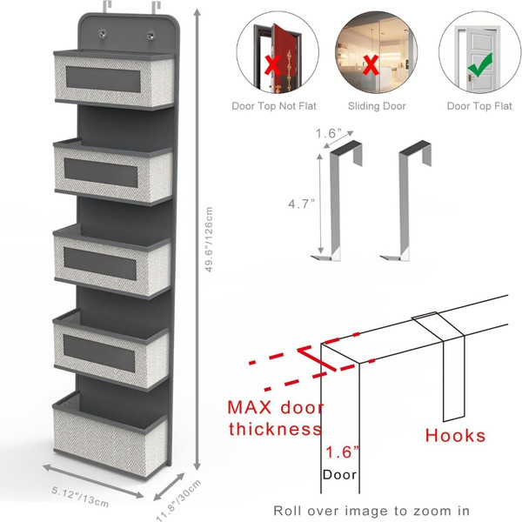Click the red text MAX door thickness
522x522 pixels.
(x=275, y=418)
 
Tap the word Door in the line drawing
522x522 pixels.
(x=339, y=475)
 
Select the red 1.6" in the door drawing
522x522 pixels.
(x=339, y=452)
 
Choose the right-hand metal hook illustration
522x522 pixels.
(x=410, y=200)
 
